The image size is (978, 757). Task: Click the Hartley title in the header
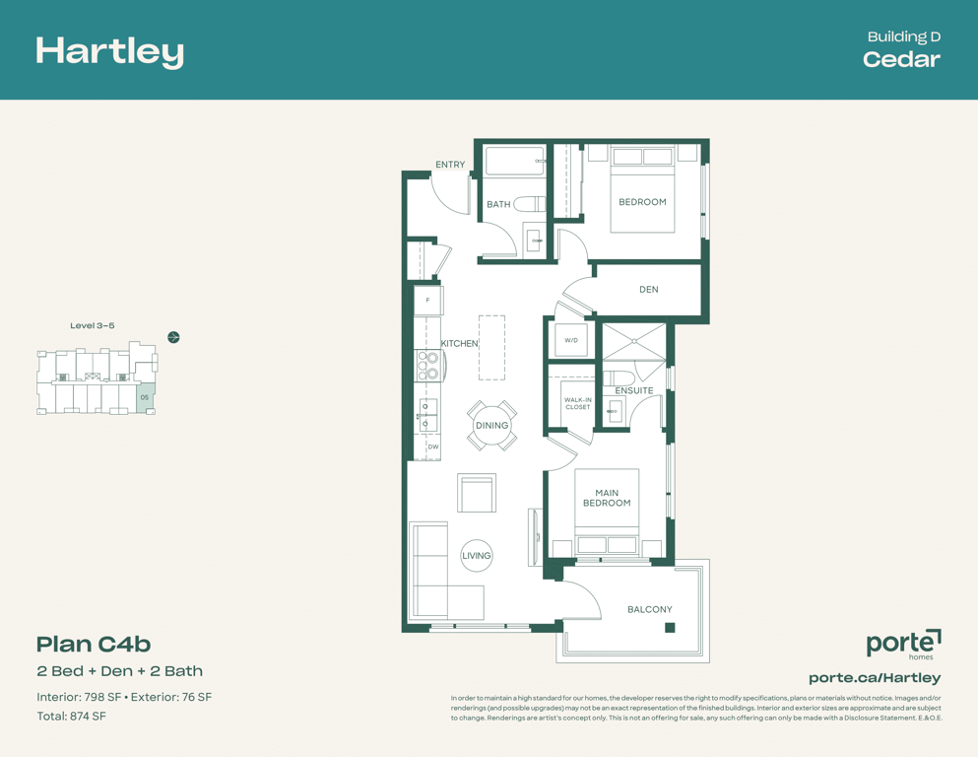coord(109,52)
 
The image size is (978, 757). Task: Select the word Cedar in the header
coord(901,59)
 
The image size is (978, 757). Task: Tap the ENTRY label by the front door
coord(450,165)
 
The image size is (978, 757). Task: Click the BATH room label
coord(498,204)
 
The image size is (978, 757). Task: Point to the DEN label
coord(649,290)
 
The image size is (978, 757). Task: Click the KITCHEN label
coord(460,343)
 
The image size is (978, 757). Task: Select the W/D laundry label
coord(571,340)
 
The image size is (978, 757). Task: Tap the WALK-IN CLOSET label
coord(577,403)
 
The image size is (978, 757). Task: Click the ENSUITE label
coord(634,390)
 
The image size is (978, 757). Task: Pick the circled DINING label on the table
coord(492,425)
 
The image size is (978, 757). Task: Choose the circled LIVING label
coord(477,555)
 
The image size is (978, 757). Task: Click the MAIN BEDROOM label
coord(607,498)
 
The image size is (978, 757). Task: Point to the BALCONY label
coord(650,609)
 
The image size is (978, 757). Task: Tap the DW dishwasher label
coord(433,447)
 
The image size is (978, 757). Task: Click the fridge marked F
coord(427,301)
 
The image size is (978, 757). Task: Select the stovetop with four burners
coord(428,366)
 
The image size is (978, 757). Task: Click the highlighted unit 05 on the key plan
coord(145,397)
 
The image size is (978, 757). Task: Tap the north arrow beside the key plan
coord(174,338)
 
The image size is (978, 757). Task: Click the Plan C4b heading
coord(94,644)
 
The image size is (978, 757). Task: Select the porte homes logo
coord(904,644)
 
